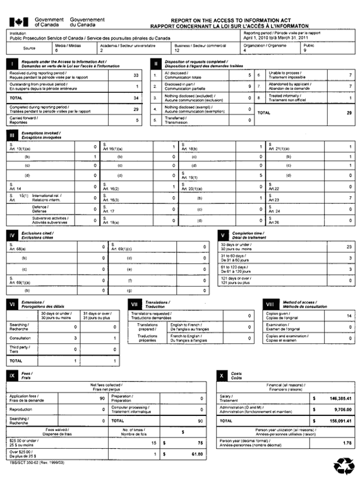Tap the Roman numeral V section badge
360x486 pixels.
click(222, 235)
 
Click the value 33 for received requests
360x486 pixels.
click(136, 75)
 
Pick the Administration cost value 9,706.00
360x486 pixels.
click(337, 409)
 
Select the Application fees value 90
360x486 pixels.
click(102, 399)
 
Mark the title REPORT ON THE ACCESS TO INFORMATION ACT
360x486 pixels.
click(225, 20)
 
